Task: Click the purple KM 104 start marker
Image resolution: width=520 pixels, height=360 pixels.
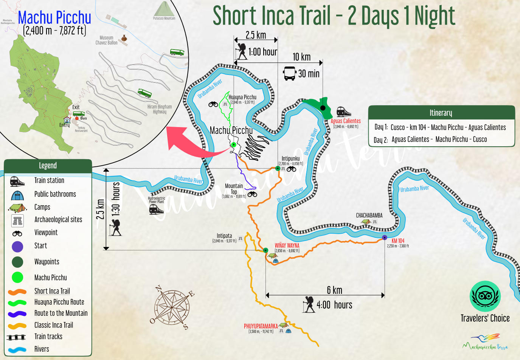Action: [x=385, y=237]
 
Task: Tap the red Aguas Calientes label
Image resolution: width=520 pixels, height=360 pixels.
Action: [x=346, y=121]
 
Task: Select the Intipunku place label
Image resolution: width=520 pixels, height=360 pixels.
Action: [x=290, y=158]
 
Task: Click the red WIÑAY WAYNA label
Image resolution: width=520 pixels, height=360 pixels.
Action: [x=287, y=245]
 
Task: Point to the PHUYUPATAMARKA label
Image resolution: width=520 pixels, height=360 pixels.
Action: [x=261, y=326]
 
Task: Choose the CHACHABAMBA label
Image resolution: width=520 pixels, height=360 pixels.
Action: [x=369, y=216]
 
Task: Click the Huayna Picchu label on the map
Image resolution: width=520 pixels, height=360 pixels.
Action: [x=242, y=97]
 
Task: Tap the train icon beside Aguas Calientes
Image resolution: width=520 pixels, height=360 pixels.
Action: [x=343, y=112]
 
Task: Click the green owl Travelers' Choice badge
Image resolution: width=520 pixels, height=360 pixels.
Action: [x=485, y=296]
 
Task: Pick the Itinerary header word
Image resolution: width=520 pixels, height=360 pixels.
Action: [x=441, y=113]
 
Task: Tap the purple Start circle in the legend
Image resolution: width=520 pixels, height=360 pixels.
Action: [x=17, y=247]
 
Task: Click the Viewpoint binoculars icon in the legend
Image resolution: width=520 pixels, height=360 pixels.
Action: [x=17, y=233]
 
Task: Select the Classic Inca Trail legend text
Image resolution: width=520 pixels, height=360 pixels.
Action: [x=54, y=325]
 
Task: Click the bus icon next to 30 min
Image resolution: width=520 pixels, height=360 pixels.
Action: [x=290, y=73]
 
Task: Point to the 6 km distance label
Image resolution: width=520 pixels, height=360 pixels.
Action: [x=334, y=290]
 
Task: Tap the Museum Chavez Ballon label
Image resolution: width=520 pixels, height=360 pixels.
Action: [x=106, y=40]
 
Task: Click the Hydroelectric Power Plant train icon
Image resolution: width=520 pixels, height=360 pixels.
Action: [x=156, y=209]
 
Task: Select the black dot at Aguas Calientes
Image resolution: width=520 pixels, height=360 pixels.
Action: [x=323, y=108]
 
